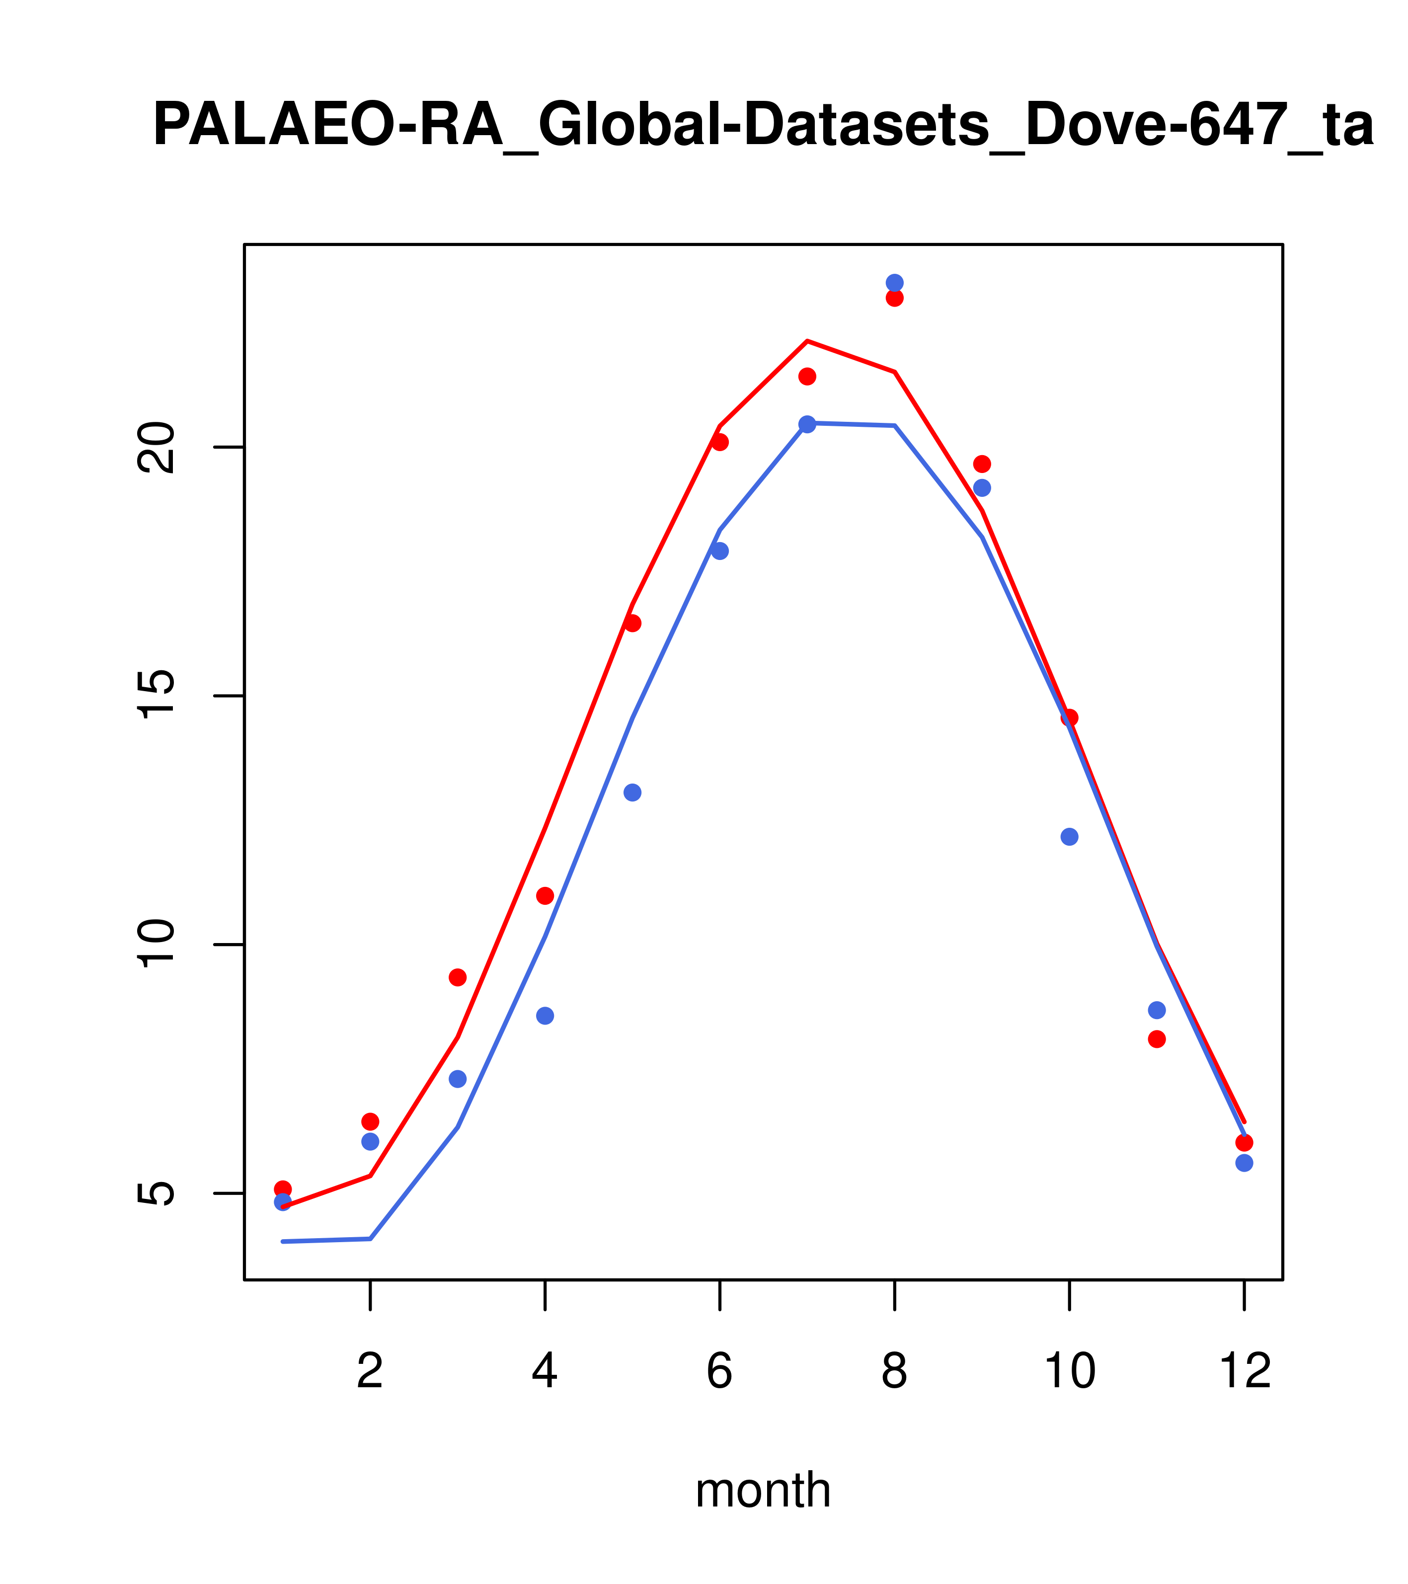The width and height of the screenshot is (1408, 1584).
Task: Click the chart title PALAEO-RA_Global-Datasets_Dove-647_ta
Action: (763, 126)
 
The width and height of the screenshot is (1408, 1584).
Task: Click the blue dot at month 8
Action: (894, 283)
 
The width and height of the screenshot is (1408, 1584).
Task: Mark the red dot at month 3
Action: (458, 977)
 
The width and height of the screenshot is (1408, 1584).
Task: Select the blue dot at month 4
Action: (545, 1016)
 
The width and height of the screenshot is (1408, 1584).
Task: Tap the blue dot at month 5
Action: (632, 793)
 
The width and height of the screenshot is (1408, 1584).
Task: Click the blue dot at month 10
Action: (1069, 837)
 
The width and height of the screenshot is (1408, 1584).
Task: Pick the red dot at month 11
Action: (1157, 1039)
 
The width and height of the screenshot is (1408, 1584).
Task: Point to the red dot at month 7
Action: (807, 377)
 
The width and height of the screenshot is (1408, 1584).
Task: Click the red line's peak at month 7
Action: (807, 341)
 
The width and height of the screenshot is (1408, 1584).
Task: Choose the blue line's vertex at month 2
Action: (371, 1239)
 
